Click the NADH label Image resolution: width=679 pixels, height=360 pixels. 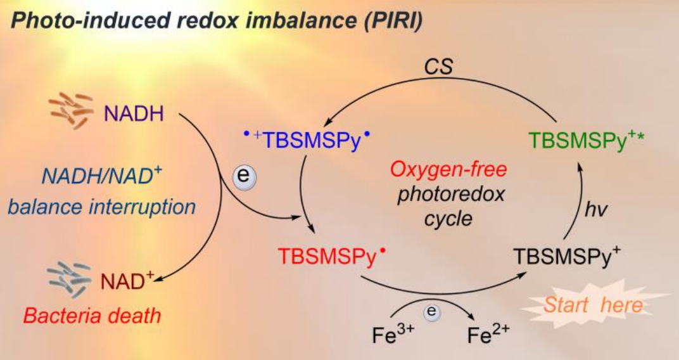point(134,115)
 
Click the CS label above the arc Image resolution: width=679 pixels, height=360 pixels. point(438,67)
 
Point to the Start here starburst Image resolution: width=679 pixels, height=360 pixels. point(593,305)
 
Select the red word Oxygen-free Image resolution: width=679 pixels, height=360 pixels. point(448,170)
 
